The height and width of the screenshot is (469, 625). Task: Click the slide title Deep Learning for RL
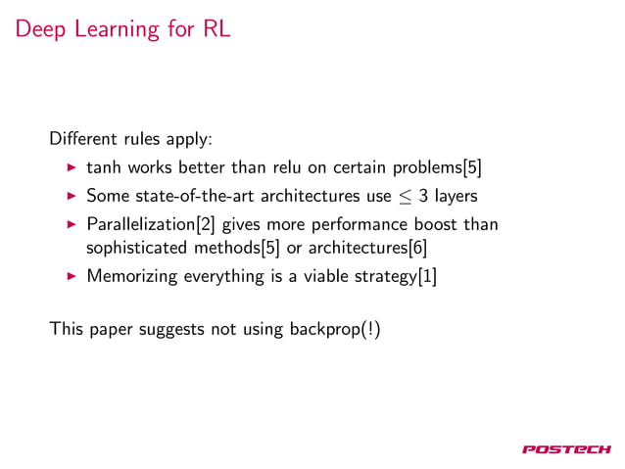(121, 29)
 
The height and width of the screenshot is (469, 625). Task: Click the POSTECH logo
(567, 449)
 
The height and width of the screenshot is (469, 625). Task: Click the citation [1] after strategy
(426, 276)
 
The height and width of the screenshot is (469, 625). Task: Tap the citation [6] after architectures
(417, 248)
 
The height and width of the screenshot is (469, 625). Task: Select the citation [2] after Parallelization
(207, 225)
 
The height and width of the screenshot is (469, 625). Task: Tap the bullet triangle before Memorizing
(72, 276)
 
